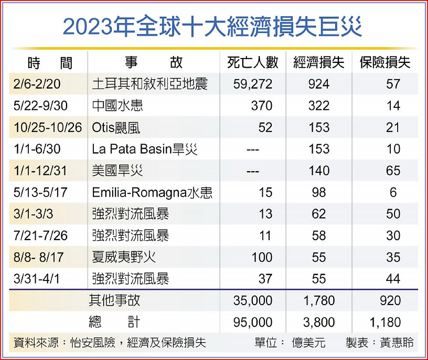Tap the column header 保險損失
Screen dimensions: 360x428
[385, 62]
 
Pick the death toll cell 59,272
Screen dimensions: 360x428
[253, 84]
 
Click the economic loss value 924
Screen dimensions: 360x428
[319, 84]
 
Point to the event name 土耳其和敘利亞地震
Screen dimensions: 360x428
[150, 84]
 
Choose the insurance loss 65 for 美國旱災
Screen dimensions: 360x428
[393, 171]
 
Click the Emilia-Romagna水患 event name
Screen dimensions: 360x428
[152, 193]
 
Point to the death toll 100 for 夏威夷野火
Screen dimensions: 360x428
[262, 257]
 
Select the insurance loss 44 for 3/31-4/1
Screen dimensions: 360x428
[393, 279]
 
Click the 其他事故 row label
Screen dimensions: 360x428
[114, 300]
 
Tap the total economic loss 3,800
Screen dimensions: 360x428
[319, 322]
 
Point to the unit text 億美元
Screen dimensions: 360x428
[309, 343]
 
